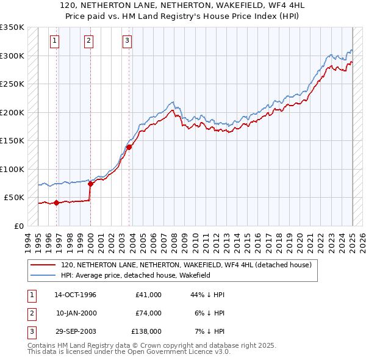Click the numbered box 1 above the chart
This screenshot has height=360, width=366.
pyautogui.click(x=54, y=41)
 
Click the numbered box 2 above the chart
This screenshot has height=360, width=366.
pyautogui.click(x=88, y=41)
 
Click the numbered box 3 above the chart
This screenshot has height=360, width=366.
pyautogui.click(x=127, y=41)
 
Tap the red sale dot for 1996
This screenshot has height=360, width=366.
pyautogui.click(x=57, y=203)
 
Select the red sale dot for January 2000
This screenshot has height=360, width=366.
pyautogui.click(x=90, y=183)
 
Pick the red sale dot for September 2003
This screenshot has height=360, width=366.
pyautogui.click(x=129, y=146)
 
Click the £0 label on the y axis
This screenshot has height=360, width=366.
pyautogui.click(x=19, y=226)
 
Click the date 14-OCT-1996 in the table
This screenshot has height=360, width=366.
pyautogui.click(x=76, y=295)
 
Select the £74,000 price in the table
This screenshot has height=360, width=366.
pyautogui.click(x=148, y=313)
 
